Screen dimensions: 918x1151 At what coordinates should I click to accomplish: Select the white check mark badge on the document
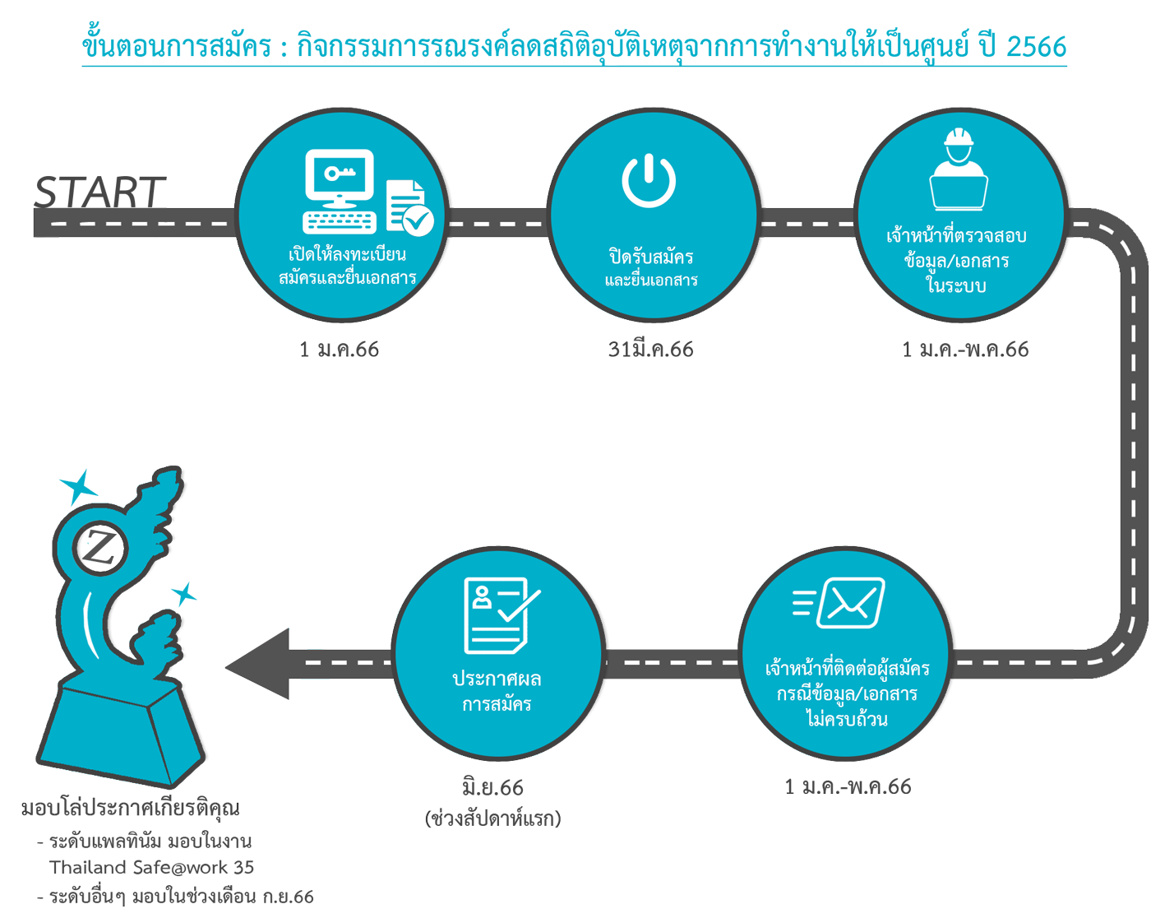[418, 220]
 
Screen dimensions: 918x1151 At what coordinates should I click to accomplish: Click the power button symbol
[649, 180]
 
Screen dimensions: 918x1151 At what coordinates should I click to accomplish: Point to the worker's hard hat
[959, 138]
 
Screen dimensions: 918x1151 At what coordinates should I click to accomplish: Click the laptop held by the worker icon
[959, 192]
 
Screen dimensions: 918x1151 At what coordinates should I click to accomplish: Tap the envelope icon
[851, 602]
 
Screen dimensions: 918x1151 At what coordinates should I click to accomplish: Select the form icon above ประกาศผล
[497, 614]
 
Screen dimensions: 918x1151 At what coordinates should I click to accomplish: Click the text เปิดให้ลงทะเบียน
[347, 253]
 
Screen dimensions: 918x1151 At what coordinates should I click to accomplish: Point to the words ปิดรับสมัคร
[651, 257]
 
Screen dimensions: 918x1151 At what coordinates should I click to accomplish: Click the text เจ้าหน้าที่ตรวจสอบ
[956, 236]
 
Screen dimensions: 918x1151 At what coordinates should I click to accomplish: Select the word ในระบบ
[956, 285]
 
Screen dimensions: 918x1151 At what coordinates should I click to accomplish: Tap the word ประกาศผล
[497, 679]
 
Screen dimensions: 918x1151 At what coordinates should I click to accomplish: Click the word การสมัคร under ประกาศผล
[497, 704]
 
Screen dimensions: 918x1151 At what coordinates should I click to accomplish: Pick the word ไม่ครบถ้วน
[847, 720]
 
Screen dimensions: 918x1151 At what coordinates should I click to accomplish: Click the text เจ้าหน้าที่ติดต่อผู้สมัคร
[847, 668]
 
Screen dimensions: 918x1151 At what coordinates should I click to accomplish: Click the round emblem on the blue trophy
[101, 547]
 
